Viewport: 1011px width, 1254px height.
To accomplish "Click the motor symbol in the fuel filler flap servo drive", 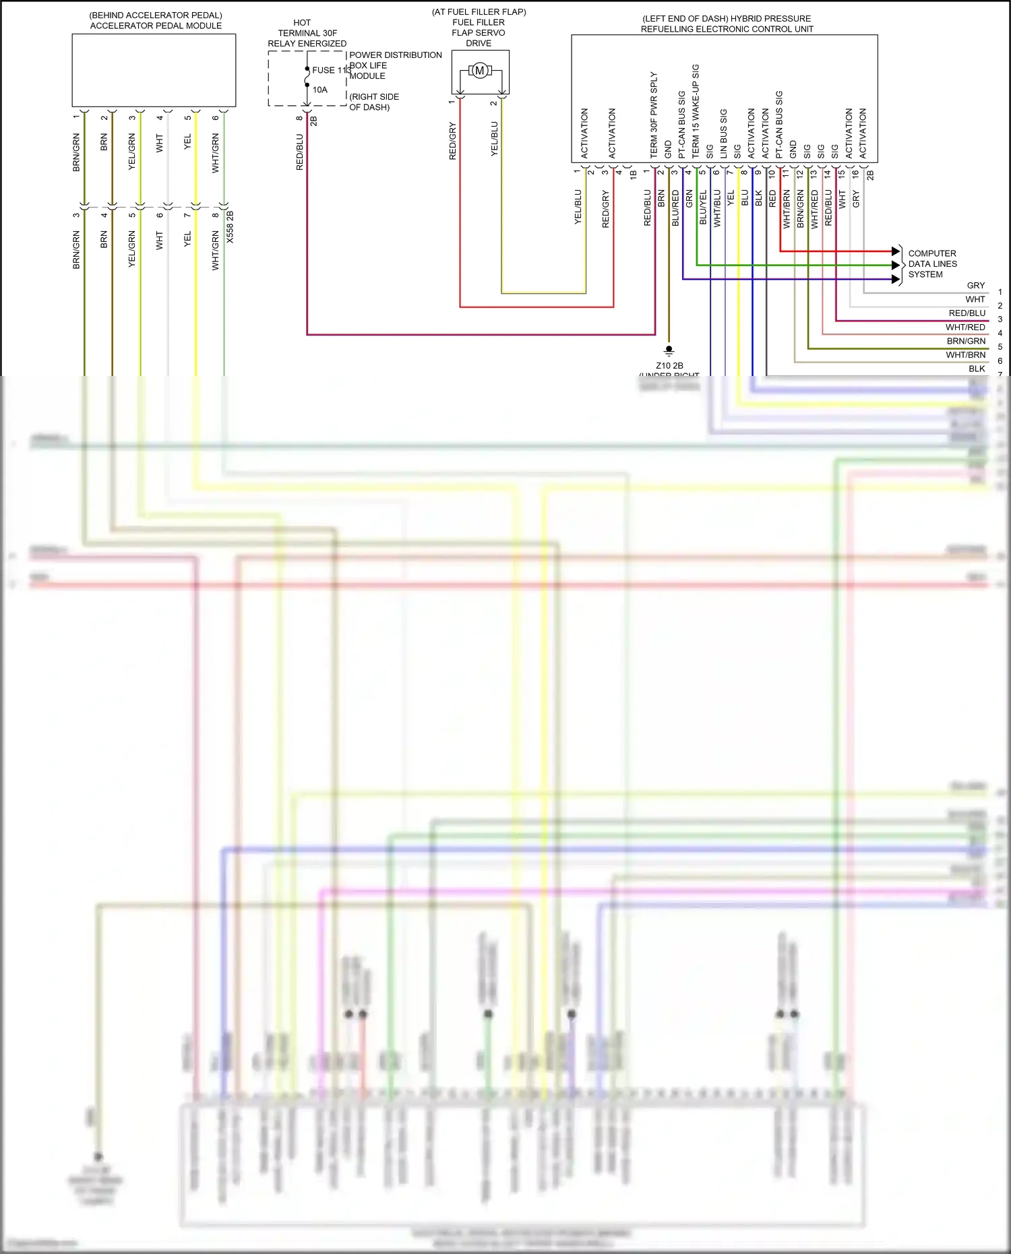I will tap(480, 70).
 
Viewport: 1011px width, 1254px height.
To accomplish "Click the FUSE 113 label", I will tap(331, 70).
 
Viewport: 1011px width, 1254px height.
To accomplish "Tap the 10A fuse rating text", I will tap(320, 90).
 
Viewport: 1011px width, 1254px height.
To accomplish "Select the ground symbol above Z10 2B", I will tap(669, 350).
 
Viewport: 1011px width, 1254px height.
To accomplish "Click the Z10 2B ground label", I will tap(669, 366).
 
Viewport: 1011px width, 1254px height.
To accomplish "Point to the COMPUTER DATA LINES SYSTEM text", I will tap(932, 264).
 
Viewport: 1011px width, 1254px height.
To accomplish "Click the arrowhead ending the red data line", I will tap(896, 251).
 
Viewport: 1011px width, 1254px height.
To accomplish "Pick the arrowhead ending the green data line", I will tap(896, 265).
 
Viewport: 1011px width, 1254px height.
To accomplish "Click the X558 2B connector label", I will tap(230, 227).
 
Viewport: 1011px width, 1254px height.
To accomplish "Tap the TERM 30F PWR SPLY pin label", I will tap(654, 115).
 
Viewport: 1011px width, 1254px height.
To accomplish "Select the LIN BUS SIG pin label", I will tap(723, 134).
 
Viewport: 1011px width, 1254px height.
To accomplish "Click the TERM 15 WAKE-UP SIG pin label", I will tap(696, 111).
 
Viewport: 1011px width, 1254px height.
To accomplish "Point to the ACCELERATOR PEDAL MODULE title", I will tap(156, 26).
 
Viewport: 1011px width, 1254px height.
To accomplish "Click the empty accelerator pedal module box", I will tap(154, 70).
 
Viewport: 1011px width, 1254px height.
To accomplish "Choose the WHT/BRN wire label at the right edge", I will tap(965, 355).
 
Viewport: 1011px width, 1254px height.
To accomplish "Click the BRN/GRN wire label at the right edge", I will tap(966, 341).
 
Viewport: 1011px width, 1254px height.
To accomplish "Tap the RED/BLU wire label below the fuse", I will tap(300, 152).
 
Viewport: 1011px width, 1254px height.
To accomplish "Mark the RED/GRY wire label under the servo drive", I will tap(453, 141).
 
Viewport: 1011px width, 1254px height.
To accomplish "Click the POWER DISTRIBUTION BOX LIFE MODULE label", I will tap(395, 65).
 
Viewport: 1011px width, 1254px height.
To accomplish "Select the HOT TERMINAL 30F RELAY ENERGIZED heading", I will tap(307, 33).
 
